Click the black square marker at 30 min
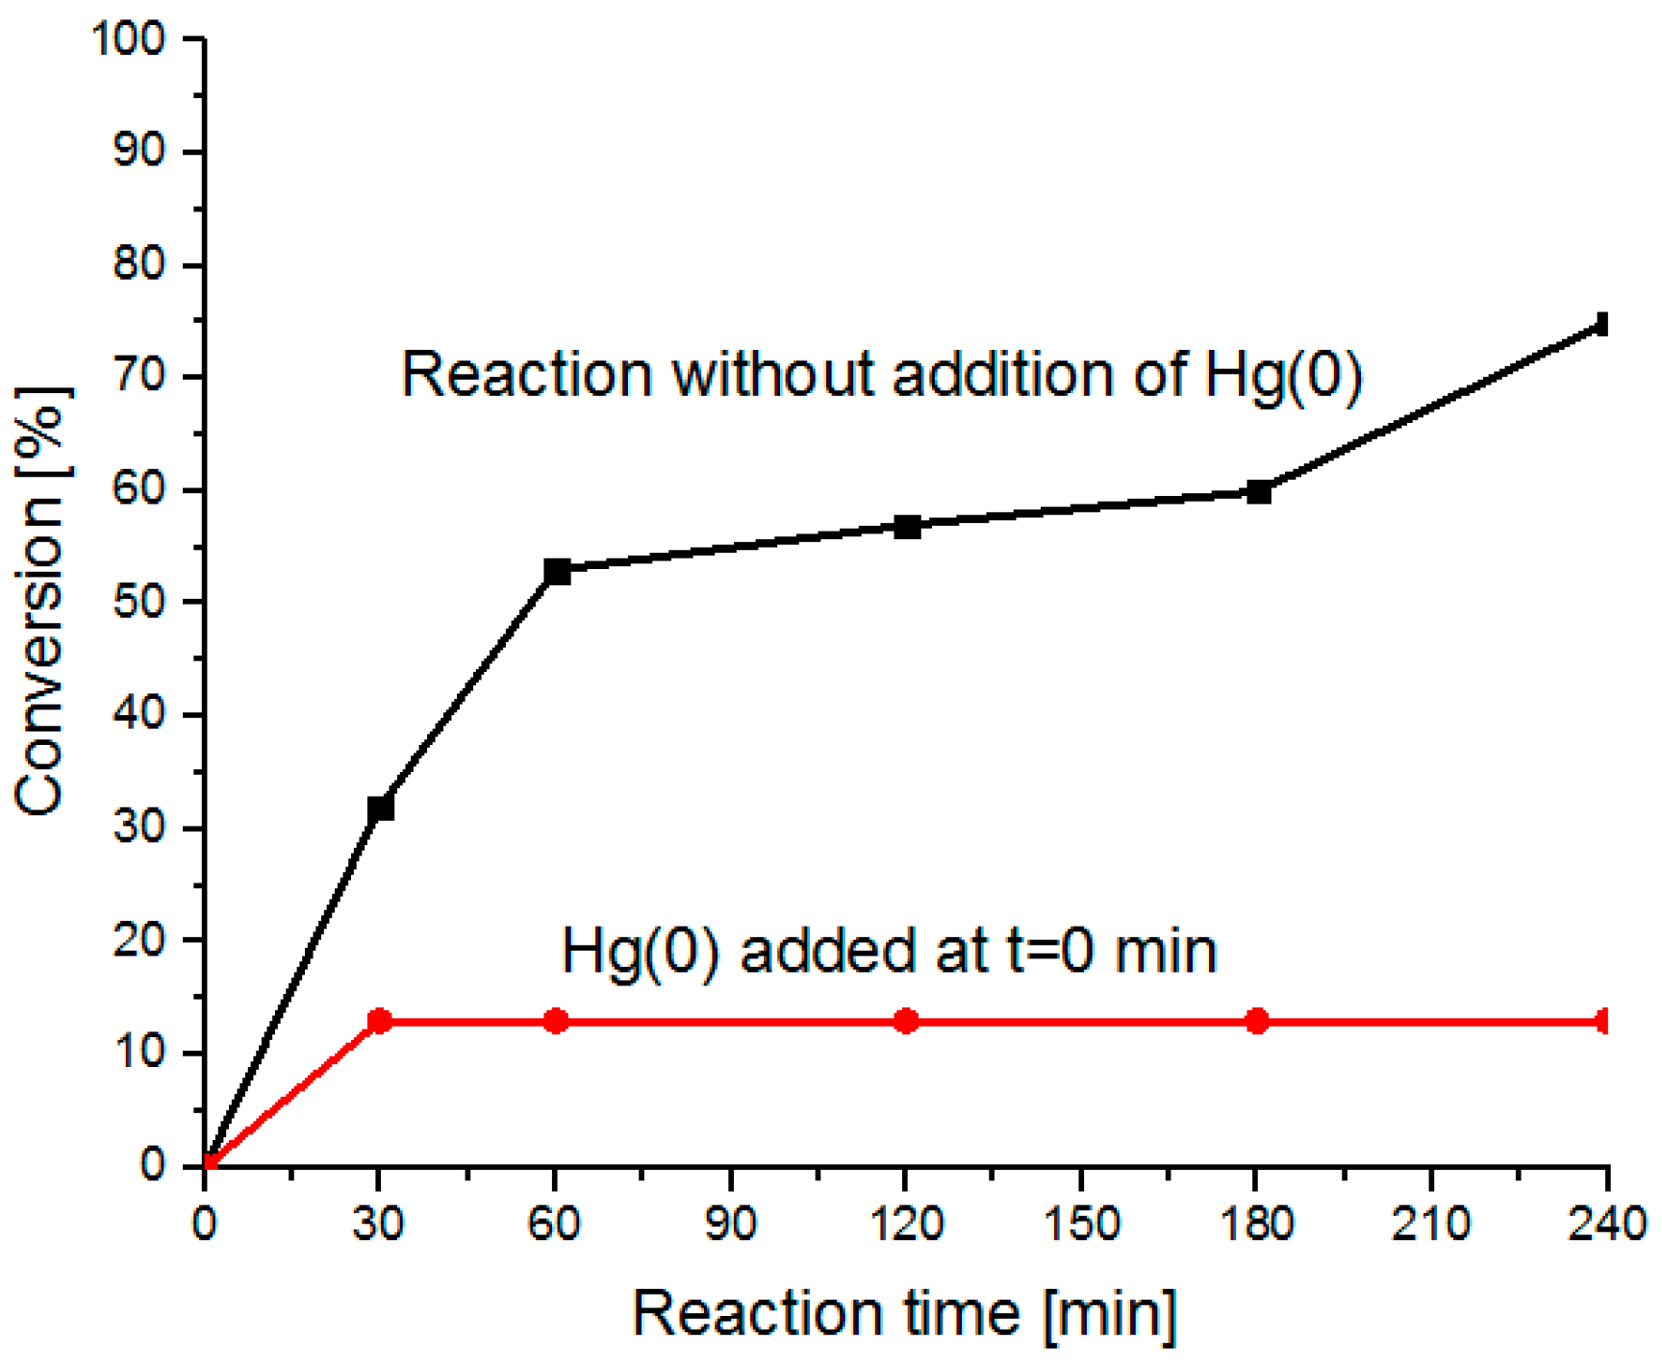click(381, 808)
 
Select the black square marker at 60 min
click(557, 572)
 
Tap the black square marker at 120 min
click(907, 527)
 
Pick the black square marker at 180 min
click(1258, 492)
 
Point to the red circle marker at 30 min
click(380, 1021)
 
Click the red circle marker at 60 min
click(556, 1021)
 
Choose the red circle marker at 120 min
click(906, 1021)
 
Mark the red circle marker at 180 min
click(1257, 1021)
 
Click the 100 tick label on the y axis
click(128, 39)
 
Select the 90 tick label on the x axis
click(731, 1225)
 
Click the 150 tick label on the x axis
click(1081, 1225)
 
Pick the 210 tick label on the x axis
click(1432, 1225)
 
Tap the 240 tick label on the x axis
click(1606, 1225)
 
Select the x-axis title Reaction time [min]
click(905, 1312)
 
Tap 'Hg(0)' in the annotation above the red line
click(640, 952)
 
